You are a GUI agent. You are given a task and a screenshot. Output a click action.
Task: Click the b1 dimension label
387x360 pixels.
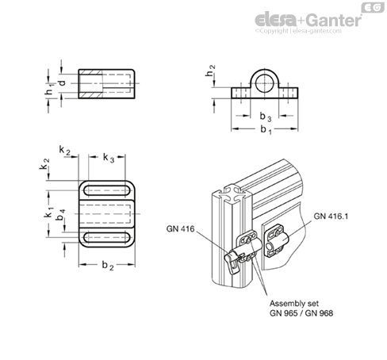(266, 130)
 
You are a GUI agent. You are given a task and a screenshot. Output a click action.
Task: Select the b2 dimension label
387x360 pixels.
(108, 266)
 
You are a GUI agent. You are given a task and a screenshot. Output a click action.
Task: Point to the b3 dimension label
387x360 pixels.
(266, 117)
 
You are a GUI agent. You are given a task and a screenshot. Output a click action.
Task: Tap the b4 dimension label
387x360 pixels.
(61, 214)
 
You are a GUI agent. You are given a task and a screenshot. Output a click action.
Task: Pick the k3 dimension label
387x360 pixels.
(109, 158)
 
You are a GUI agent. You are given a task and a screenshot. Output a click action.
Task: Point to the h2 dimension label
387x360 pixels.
(210, 71)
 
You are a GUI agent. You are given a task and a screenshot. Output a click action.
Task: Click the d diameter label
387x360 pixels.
(62, 83)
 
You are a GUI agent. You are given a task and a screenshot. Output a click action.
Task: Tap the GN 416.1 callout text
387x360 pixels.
(331, 216)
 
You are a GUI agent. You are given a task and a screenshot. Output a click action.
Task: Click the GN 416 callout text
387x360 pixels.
(180, 228)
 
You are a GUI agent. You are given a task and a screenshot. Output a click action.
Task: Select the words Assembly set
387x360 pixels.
(294, 303)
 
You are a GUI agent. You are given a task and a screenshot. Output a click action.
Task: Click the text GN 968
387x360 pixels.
(319, 313)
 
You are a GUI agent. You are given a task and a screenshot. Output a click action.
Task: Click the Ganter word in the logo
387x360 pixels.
(334, 20)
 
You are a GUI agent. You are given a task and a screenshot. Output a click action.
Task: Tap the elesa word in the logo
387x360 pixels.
(275, 20)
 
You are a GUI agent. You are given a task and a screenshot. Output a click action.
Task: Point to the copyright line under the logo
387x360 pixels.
(298, 31)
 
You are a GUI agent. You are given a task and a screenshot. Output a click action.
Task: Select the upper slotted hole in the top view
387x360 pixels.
(107, 190)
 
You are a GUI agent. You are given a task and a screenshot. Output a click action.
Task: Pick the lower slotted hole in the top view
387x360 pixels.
(107, 238)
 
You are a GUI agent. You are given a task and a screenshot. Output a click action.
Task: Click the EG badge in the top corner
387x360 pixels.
(373, 7)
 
